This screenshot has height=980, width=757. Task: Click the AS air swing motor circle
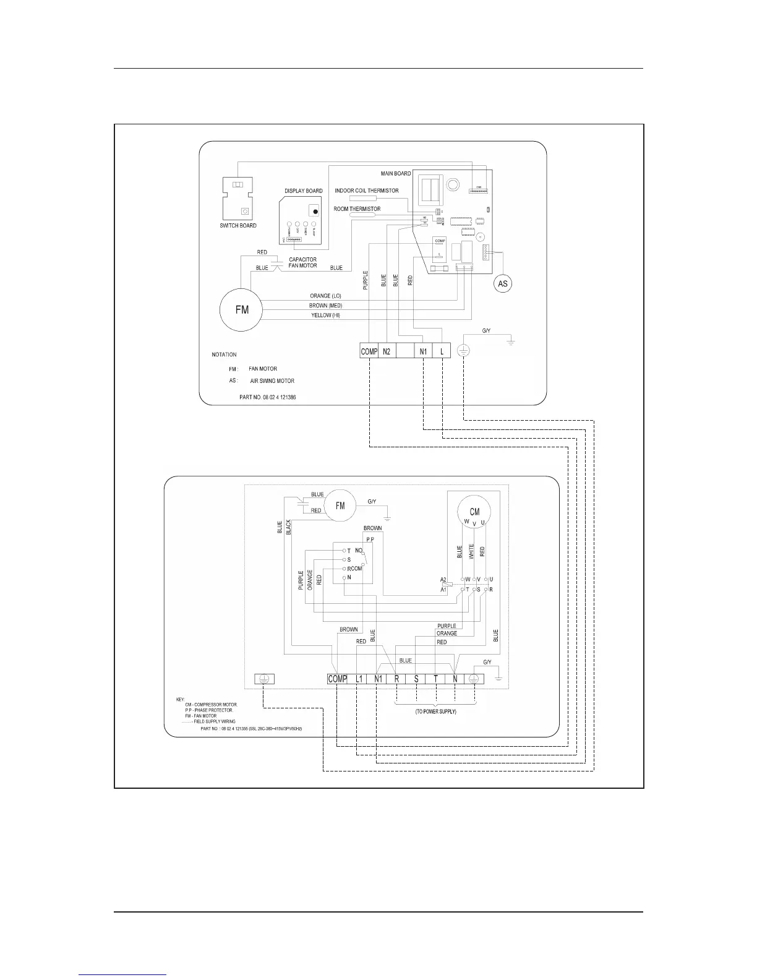(503, 283)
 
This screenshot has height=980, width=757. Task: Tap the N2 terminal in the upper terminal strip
(387, 351)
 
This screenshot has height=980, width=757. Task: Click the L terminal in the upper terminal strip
(442, 351)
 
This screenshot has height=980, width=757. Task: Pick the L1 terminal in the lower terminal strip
(359, 679)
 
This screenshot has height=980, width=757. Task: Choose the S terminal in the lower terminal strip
(416, 679)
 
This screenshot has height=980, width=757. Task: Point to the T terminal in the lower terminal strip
(436, 679)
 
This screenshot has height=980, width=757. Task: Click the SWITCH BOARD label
(238, 226)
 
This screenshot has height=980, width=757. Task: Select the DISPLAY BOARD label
(304, 191)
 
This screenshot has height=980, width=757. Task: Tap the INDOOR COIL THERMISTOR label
(367, 191)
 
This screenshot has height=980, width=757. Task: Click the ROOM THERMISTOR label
(357, 209)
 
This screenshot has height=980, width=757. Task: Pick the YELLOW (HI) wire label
(325, 316)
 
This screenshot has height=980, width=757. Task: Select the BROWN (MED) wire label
(325, 306)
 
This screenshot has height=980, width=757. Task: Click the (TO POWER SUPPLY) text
(435, 712)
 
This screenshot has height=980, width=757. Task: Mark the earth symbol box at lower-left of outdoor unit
(264, 679)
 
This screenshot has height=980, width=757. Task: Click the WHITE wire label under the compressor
(471, 552)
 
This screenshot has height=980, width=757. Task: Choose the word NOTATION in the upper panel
(224, 355)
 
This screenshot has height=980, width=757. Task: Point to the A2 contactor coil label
(443, 580)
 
